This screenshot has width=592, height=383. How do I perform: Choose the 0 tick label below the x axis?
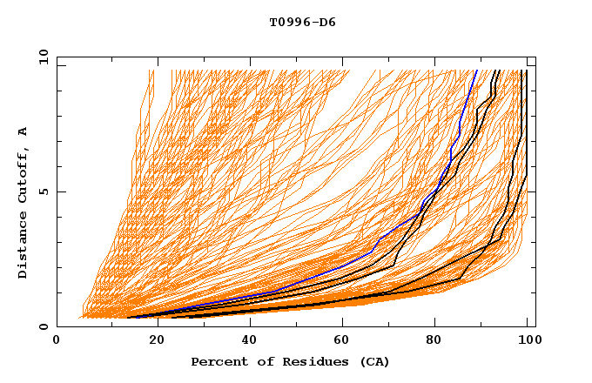57,342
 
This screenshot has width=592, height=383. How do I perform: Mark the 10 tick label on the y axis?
43,57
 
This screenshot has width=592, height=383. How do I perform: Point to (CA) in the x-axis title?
373,361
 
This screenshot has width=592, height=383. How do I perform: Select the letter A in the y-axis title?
24,131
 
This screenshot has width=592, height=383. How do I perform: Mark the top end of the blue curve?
476,70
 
